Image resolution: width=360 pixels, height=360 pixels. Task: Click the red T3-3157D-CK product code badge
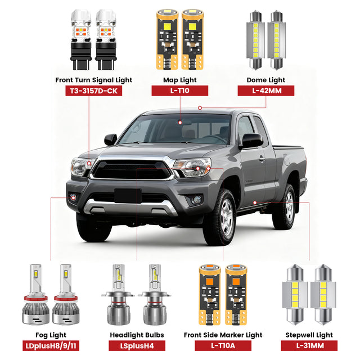(93, 91)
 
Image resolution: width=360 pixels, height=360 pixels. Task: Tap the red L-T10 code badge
(181, 91)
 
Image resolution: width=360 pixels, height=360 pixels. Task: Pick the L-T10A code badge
(223, 345)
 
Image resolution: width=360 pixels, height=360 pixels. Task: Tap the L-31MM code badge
(309, 345)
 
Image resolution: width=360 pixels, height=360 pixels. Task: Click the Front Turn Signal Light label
(93, 80)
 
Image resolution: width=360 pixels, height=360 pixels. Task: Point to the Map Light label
(181, 80)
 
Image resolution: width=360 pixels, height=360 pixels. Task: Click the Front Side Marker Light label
(223, 335)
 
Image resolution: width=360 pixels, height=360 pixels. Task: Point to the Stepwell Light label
(309, 335)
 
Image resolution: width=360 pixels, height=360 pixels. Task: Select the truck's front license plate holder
(128, 196)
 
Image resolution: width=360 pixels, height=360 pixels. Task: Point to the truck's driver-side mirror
(251, 141)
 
